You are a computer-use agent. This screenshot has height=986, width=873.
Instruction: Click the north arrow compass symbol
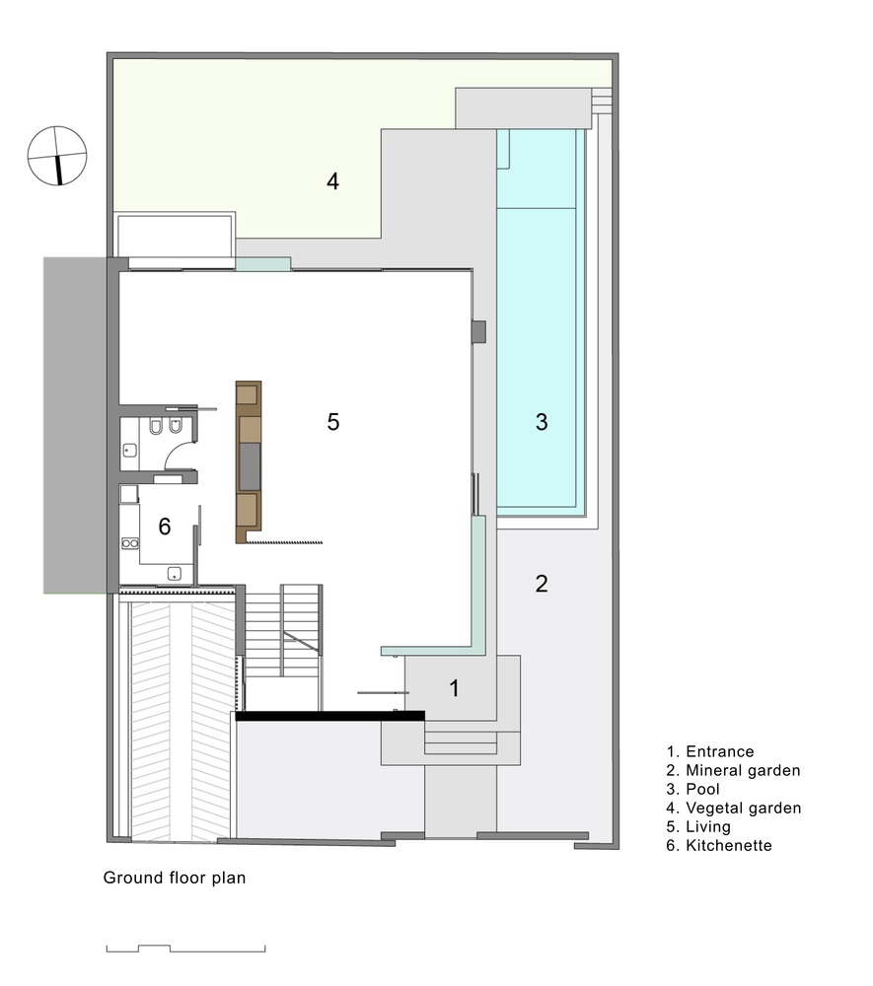[57, 156]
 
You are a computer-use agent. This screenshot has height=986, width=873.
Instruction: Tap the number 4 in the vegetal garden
[332, 181]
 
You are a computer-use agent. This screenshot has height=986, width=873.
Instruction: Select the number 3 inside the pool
[542, 422]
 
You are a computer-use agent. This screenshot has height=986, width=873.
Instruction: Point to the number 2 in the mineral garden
[542, 584]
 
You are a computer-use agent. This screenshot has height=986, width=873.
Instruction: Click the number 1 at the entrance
[455, 688]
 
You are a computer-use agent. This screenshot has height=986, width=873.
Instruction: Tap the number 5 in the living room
[333, 422]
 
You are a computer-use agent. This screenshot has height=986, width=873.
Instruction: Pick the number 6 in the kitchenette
[165, 527]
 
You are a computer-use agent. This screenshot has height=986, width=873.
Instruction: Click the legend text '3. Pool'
[692, 789]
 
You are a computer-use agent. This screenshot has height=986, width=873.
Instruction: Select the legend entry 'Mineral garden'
[743, 770]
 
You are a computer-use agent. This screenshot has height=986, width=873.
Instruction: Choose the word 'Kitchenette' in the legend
[728, 845]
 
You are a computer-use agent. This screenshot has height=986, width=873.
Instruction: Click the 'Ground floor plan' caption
[175, 878]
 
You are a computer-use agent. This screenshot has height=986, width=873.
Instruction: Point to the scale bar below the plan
[186, 949]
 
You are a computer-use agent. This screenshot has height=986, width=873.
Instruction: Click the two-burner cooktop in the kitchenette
[130, 542]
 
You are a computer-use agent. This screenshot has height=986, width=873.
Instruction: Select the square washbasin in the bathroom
[129, 451]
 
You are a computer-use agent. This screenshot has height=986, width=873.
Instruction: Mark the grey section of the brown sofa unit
[250, 466]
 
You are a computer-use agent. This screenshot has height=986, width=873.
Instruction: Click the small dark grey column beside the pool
[478, 332]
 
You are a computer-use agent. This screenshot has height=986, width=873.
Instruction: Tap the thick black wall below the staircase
[329, 716]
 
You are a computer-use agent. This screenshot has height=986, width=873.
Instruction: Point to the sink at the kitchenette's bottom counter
[175, 574]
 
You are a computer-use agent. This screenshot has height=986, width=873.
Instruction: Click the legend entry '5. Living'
[698, 826]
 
